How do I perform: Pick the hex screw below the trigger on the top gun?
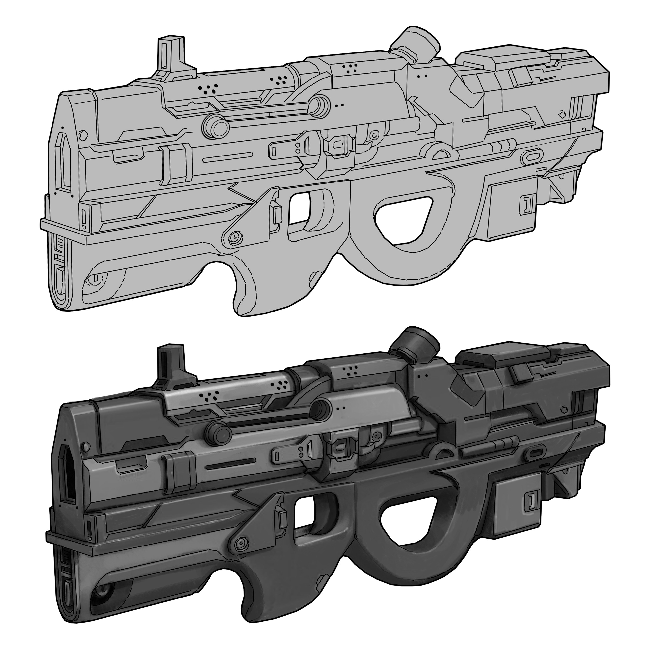pyautogui.click(x=234, y=237)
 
